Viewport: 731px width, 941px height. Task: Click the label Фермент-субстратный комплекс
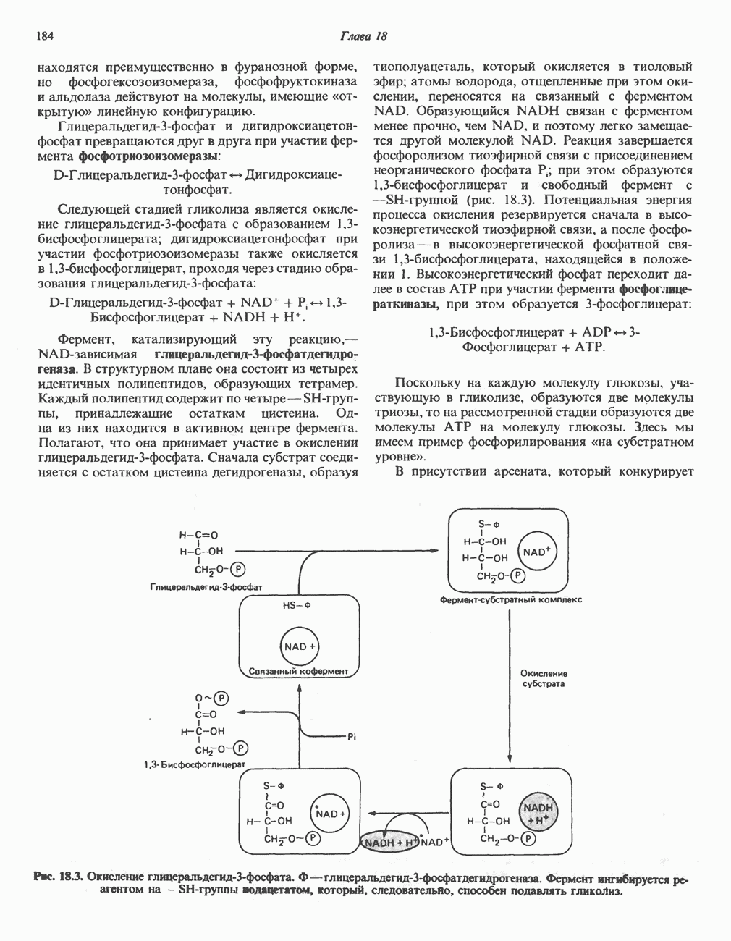click(x=510, y=599)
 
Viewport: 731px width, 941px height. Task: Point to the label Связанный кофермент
click(x=298, y=671)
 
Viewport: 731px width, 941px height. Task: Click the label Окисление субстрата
click(x=544, y=678)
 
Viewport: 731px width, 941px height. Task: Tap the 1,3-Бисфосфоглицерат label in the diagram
click(x=195, y=764)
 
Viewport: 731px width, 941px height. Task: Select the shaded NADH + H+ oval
click(x=391, y=843)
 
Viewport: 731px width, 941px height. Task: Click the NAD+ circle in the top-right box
click(x=536, y=552)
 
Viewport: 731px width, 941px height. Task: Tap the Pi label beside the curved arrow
click(x=352, y=738)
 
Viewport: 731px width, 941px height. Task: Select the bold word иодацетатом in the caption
click(x=279, y=890)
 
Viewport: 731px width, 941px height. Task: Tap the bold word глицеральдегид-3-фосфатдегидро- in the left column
click(x=257, y=354)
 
